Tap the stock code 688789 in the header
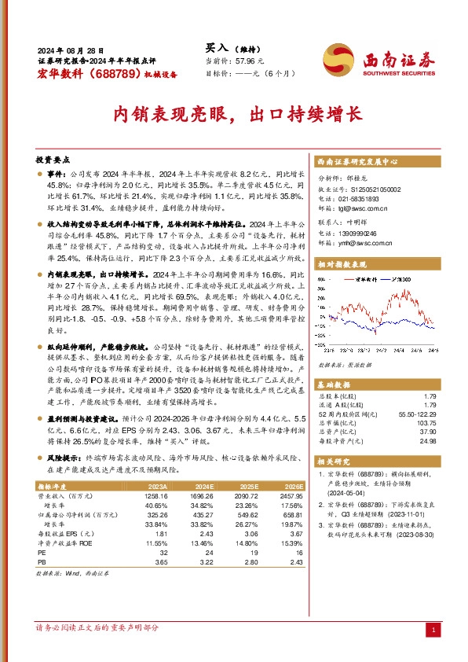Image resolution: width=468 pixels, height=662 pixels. [113, 74]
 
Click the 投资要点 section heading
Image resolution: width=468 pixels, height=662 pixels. [53, 159]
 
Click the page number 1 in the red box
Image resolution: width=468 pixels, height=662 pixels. [433, 631]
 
